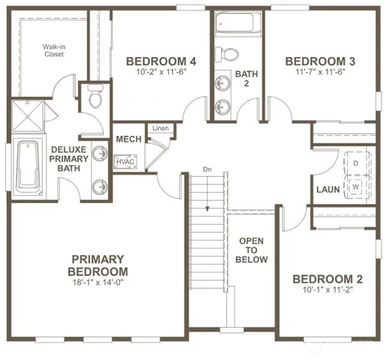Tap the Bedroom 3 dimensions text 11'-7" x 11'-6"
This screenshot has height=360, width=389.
(320, 73)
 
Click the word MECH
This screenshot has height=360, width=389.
(124, 140)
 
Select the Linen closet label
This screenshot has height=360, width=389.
(160, 129)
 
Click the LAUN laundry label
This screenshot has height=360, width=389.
(329, 190)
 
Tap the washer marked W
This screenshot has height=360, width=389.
(356, 185)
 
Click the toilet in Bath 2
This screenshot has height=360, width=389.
(228, 54)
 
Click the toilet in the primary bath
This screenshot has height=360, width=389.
(95, 97)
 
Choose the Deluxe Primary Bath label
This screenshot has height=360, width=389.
(70, 158)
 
